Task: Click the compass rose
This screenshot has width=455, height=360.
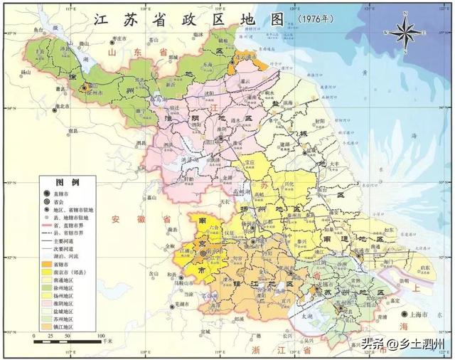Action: (403, 32)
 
